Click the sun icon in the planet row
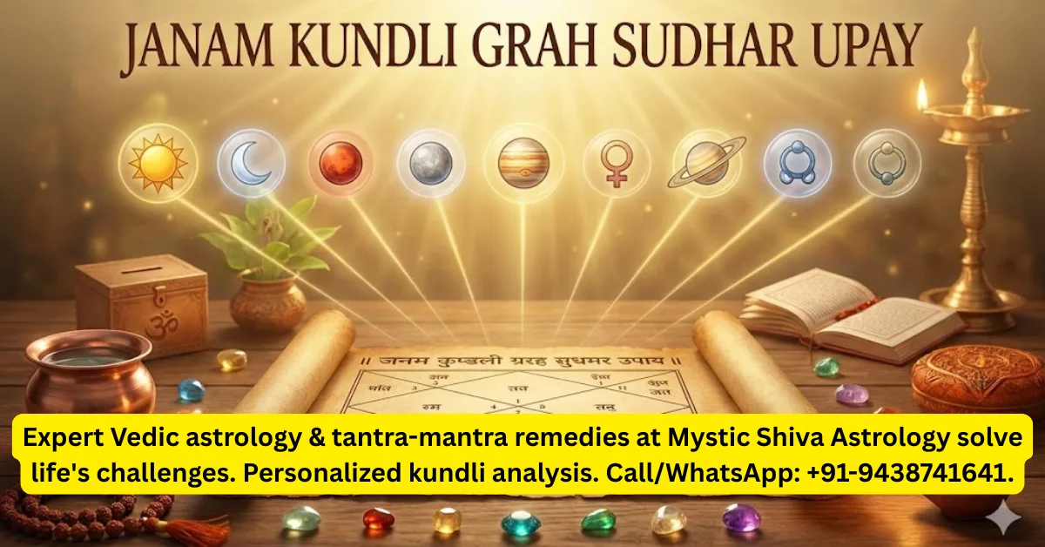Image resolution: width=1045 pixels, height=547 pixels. [158, 163]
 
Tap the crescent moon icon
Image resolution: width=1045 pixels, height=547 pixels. [251, 163]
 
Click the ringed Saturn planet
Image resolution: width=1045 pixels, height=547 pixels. [706, 161]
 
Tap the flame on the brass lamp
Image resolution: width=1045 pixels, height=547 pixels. [921, 94]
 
